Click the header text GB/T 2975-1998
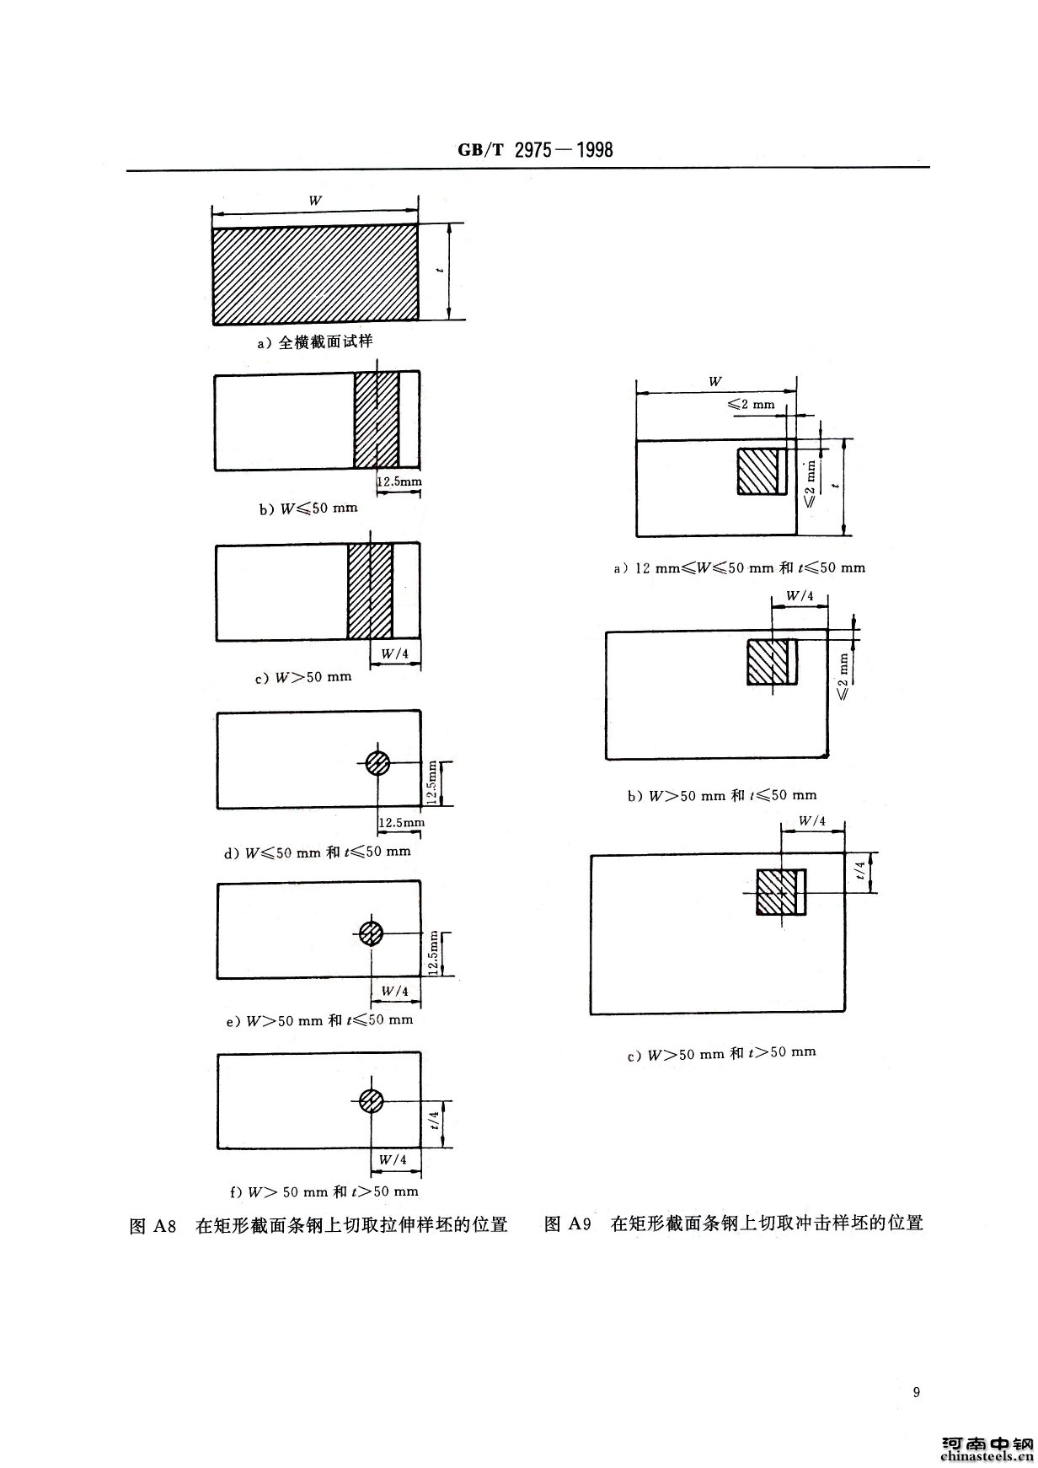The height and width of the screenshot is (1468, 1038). pos(535,150)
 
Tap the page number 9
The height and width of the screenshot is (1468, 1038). pos(917,1391)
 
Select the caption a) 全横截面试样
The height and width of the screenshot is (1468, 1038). pos(315,343)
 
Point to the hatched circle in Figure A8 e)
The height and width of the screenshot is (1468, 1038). pos(372,933)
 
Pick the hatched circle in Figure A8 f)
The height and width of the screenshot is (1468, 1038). pos(371,1100)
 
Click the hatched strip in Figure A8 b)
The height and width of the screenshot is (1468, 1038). pos(377,420)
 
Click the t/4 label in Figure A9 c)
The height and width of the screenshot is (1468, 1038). pos(859,871)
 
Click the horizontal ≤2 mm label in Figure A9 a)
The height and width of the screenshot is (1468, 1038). pos(750,405)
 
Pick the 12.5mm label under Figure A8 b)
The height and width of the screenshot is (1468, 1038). pos(399,481)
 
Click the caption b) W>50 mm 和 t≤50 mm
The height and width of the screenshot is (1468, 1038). pos(721,795)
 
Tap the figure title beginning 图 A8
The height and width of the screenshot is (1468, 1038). pos(318,1225)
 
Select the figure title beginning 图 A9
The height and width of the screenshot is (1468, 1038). pos(734,1223)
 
